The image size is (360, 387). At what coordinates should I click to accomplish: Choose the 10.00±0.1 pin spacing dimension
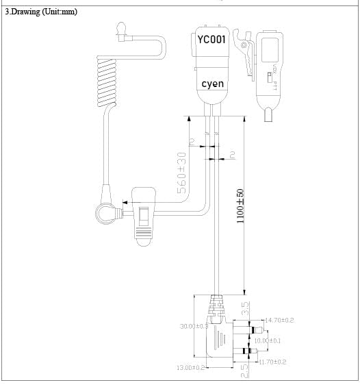[267, 340]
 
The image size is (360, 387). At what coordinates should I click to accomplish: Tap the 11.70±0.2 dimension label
[272, 361]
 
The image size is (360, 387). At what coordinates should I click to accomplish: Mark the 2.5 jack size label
[244, 370]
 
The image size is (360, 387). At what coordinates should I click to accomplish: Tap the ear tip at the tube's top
[121, 28]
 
